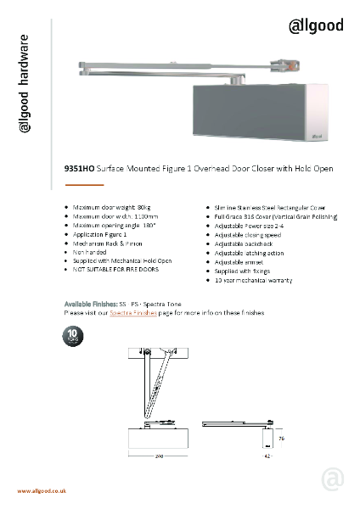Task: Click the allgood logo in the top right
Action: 317,25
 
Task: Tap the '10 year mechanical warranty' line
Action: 252,278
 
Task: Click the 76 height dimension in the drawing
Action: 281,439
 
